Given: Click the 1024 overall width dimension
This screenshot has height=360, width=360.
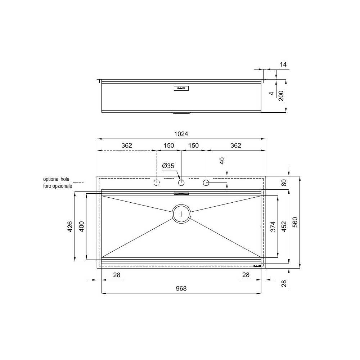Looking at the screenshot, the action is [x=181, y=134].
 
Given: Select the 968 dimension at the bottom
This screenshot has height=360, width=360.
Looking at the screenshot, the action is [x=181, y=289].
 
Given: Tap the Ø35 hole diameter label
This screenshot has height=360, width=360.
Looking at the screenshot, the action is [x=168, y=166].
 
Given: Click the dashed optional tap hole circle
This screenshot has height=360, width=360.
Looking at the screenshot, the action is [x=157, y=183].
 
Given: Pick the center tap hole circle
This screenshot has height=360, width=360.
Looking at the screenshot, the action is [x=181, y=183].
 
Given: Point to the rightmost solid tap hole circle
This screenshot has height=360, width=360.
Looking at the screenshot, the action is [x=206, y=183].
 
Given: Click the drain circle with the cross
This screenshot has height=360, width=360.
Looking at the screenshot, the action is [x=181, y=214].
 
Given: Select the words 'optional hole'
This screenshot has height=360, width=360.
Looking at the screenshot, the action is [x=58, y=179].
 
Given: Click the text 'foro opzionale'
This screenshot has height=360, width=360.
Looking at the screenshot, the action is [x=58, y=186].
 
